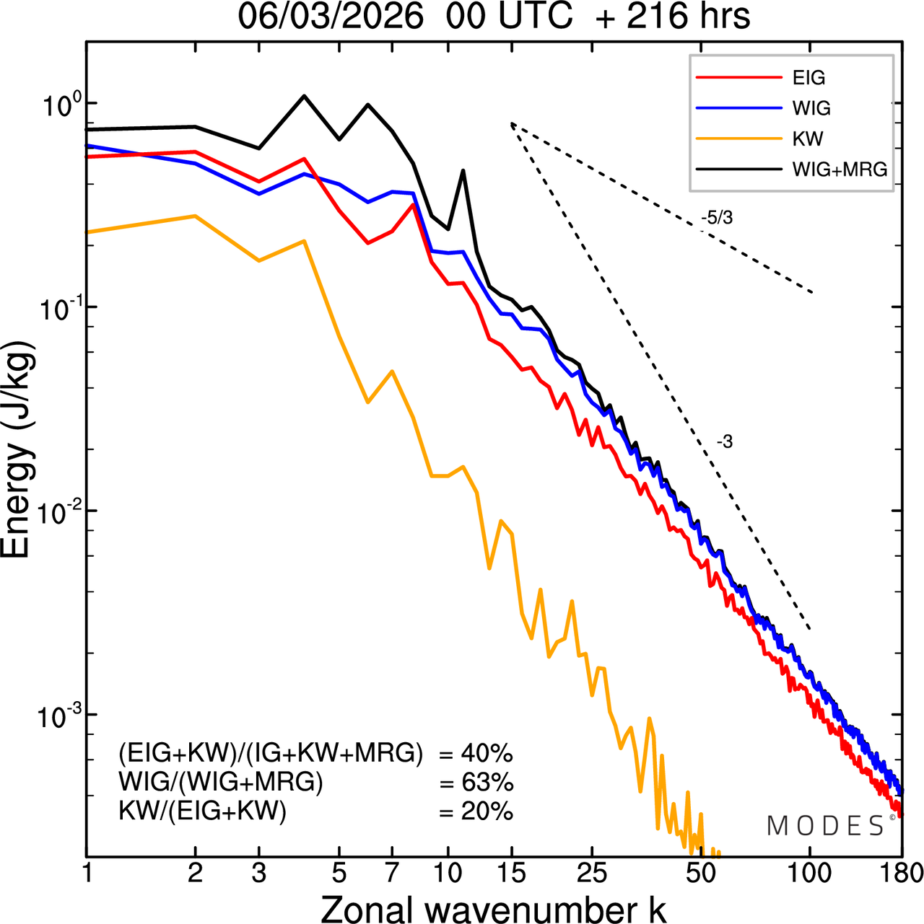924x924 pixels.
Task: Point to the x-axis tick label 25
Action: (x=592, y=873)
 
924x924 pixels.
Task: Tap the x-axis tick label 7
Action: (x=392, y=873)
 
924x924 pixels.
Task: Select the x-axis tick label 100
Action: (x=809, y=873)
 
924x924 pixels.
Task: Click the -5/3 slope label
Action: (x=716, y=218)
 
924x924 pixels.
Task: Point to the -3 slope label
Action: (x=725, y=442)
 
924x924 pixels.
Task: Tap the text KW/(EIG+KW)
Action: (x=203, y=811)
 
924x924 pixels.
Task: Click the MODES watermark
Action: (x=826, y=826)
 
